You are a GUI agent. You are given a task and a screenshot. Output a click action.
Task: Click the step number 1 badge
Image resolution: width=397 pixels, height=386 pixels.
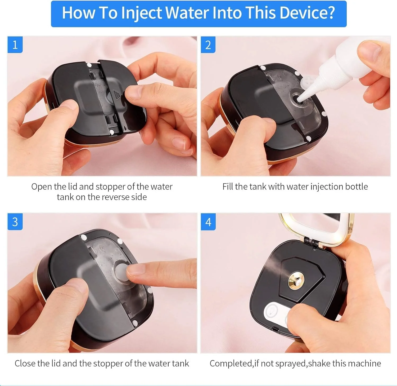pos(15,45)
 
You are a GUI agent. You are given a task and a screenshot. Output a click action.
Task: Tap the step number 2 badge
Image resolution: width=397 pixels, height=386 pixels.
pos(208,45)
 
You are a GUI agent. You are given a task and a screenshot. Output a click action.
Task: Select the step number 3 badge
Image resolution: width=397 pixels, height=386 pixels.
pos(15,222)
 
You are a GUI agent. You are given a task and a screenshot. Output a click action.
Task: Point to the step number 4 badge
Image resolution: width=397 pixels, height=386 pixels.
pos(208,222)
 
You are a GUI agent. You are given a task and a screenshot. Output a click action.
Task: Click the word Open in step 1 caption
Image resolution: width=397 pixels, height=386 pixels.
pos(42,187)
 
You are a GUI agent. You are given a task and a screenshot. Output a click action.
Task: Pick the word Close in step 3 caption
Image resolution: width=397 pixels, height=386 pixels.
pos(25,363)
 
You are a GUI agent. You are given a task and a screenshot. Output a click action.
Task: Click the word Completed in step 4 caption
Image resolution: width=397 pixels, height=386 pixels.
pos(231,364)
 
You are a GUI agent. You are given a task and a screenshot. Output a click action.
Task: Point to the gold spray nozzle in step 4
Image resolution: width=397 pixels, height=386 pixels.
pos(296,282)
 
